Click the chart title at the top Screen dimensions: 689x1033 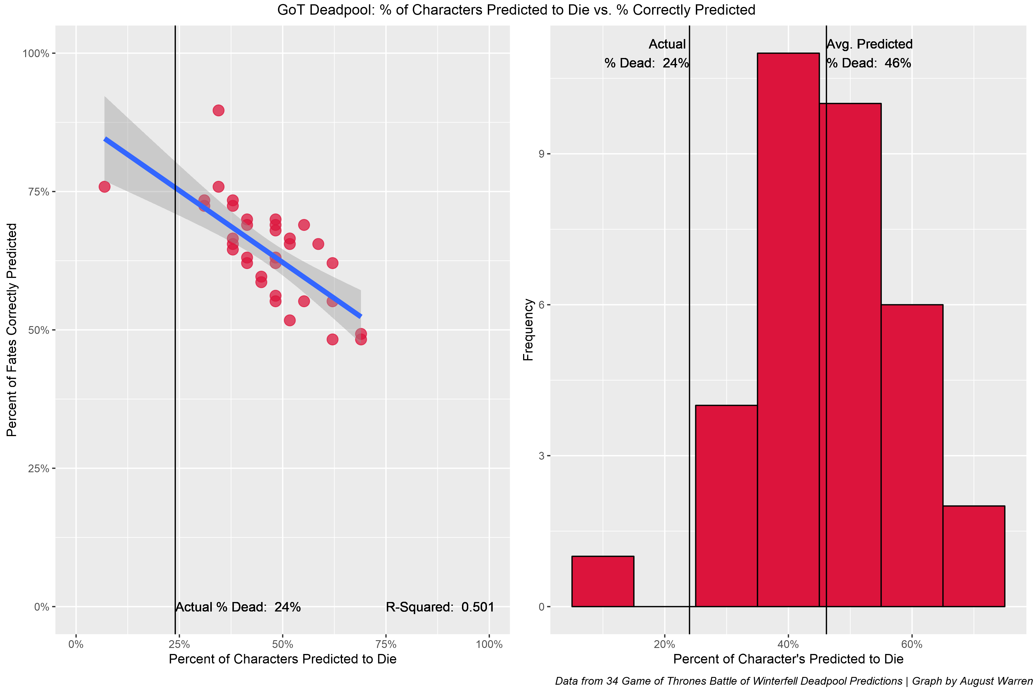[x=516, y=10]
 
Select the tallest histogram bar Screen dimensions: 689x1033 [x=788, y=330]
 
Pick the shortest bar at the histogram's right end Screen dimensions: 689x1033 [x=974, y=556]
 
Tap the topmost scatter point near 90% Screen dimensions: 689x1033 [x=218, y=110]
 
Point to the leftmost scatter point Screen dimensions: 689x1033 [x=104, y=187]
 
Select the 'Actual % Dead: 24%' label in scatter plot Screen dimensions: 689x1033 [x=238, y=607]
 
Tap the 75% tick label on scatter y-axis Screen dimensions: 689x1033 [x=39, y=192]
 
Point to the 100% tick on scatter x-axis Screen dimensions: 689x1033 [x=489, y=644]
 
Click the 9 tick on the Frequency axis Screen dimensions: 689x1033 [x=541, y=154]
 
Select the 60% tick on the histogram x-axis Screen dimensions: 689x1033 [x=912, y=644]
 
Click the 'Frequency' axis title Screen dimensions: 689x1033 [x=528, y=330]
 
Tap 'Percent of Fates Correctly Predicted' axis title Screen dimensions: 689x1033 [x=12, y=330]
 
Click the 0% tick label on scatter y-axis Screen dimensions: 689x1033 [x=41, y=607]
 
